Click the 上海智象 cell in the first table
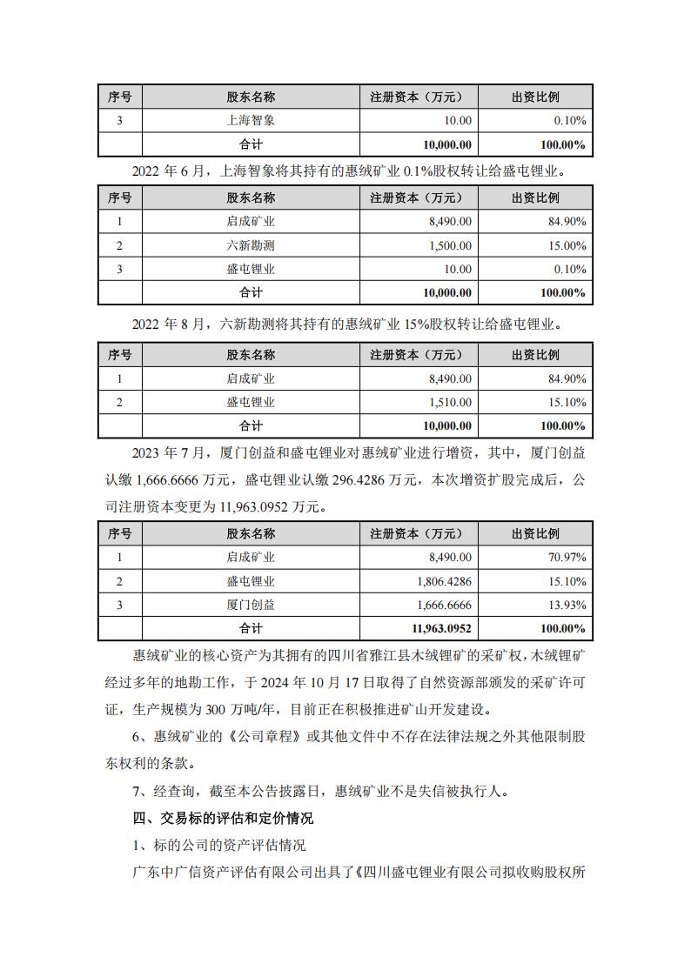click(x=251, y=120)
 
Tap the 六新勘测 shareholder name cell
click(x=251, y=246)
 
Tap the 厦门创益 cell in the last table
click(x=251, y=604)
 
